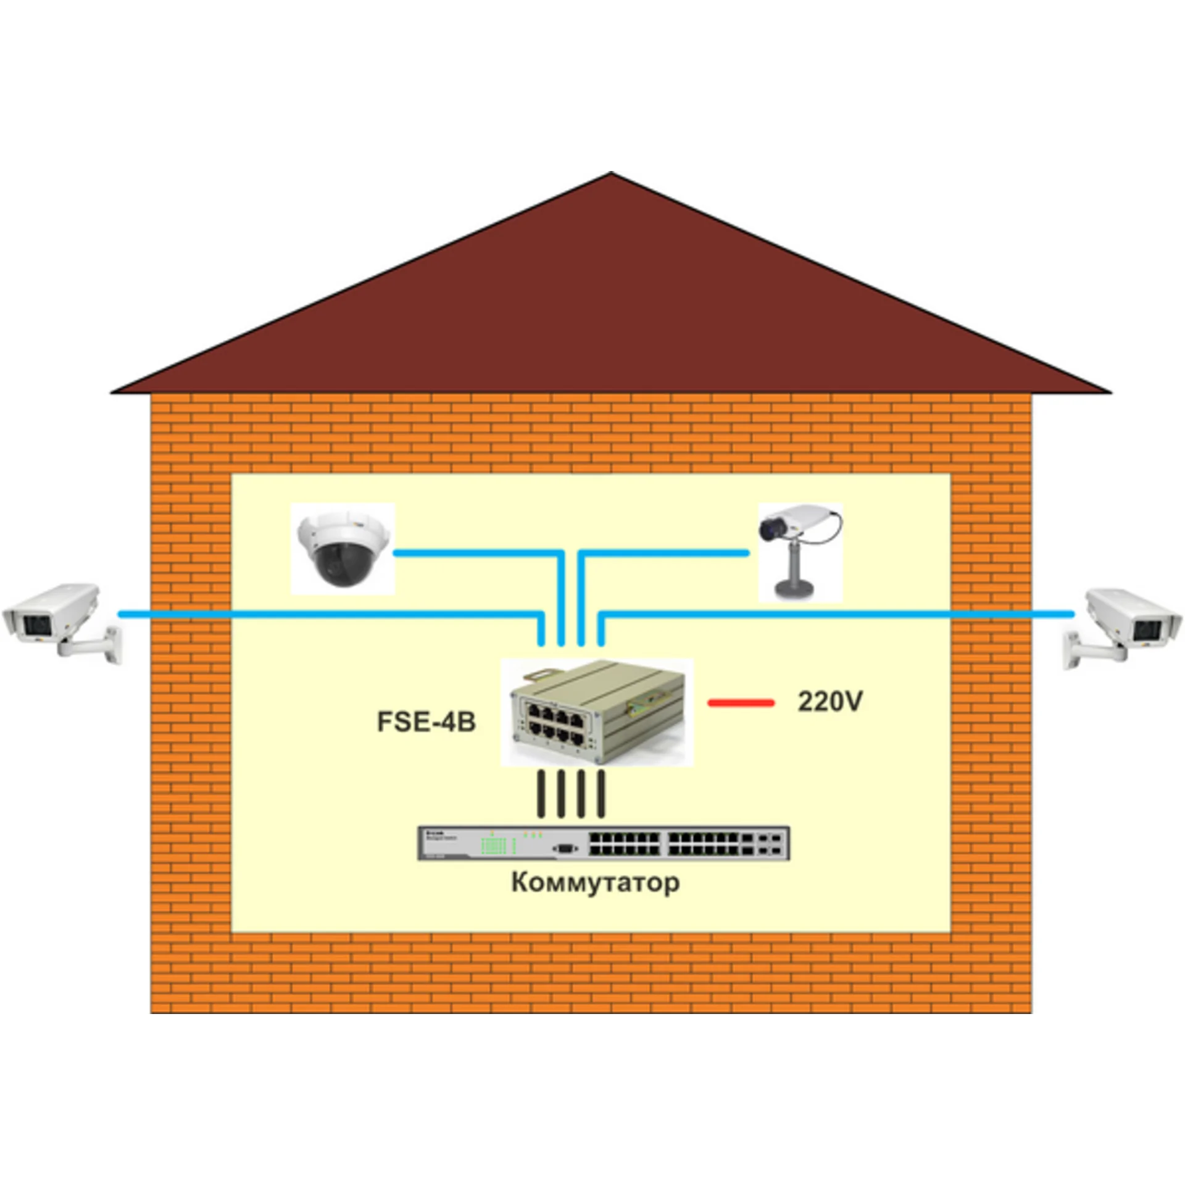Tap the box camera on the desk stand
coord(799,551)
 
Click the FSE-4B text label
coord(426,721)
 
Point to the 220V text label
coord(830,701)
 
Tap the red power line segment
coord(741,702)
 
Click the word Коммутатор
coord(596,883)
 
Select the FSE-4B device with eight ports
coord(597,712)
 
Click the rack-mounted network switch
coord(604,842)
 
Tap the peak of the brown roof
coord(610,173)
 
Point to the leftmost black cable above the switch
coord(541,794)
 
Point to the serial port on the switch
coord(565,849)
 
